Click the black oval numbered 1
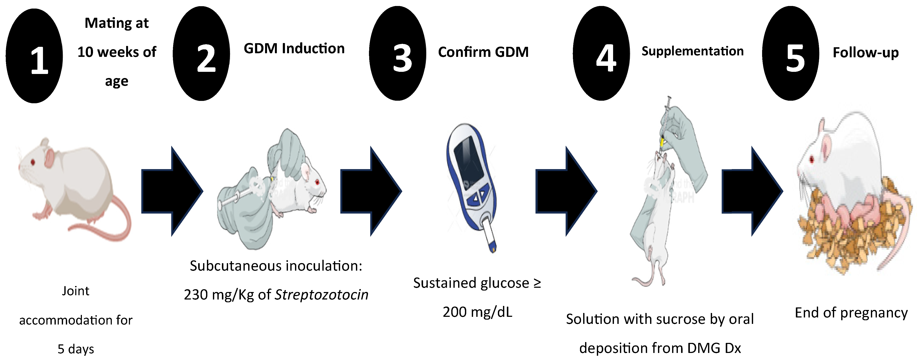click(x=34, y=56)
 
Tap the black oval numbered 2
click(x=202, y=53)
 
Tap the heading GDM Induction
click(x=294, y=49)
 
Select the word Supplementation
click(x=692, y=51)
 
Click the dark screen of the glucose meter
click(x=468, y=157)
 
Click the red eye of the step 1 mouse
click(x=33, y=162)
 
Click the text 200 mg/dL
click(x=477, y=312)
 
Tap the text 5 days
click(x=76, y=349)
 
